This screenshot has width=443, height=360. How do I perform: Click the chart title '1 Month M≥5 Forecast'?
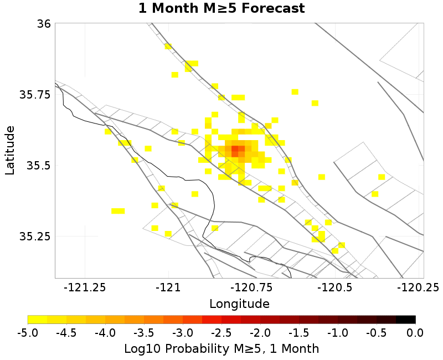221,9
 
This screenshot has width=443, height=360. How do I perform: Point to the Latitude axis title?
10,150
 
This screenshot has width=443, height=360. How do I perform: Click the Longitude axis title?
239,304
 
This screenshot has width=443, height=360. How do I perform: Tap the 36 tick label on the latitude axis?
44,24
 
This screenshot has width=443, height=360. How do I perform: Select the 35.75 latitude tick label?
35,95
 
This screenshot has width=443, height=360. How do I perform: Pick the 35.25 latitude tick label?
35,236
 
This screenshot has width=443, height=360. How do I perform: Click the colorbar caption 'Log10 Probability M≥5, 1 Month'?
221,349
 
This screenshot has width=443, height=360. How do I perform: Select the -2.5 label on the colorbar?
221,333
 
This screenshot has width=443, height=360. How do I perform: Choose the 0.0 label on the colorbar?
415,333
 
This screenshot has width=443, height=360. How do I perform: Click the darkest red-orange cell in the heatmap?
235,150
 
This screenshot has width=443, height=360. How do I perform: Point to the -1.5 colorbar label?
299,333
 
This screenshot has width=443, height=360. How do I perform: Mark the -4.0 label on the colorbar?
105,333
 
